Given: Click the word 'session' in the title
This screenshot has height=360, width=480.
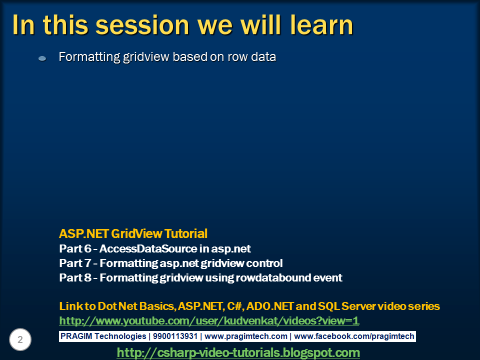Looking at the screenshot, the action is (x=142, y=25).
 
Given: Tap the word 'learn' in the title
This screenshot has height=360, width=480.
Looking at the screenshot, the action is (x=321, y=24).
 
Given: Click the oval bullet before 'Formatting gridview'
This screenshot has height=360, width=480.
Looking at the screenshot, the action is (x=42, y=58).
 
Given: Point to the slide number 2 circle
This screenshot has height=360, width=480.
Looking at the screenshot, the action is (x=20, y=339).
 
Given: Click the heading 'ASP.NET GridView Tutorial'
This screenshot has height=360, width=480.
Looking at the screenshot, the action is (x=133, y=233).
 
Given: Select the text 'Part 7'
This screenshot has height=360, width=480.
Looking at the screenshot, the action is (x=75, y=263).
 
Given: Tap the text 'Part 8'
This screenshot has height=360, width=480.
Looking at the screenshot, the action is (x=75, y=277).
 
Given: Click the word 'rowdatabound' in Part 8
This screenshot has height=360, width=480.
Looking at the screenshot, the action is (x=273, y=277).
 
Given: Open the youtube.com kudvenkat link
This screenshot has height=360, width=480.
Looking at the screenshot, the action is (x=209, y=320).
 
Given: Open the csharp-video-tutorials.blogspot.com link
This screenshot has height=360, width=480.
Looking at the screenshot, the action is (x=238, y=352).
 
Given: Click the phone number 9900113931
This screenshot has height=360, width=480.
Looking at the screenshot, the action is (x=175, y=336).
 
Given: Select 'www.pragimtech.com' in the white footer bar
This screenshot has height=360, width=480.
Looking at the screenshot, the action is (x=246, y=336).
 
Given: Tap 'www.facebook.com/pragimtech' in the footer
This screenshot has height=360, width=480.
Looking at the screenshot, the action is (x=354, y=336).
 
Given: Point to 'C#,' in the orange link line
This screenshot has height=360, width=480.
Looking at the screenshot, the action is (x=235, y=306).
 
